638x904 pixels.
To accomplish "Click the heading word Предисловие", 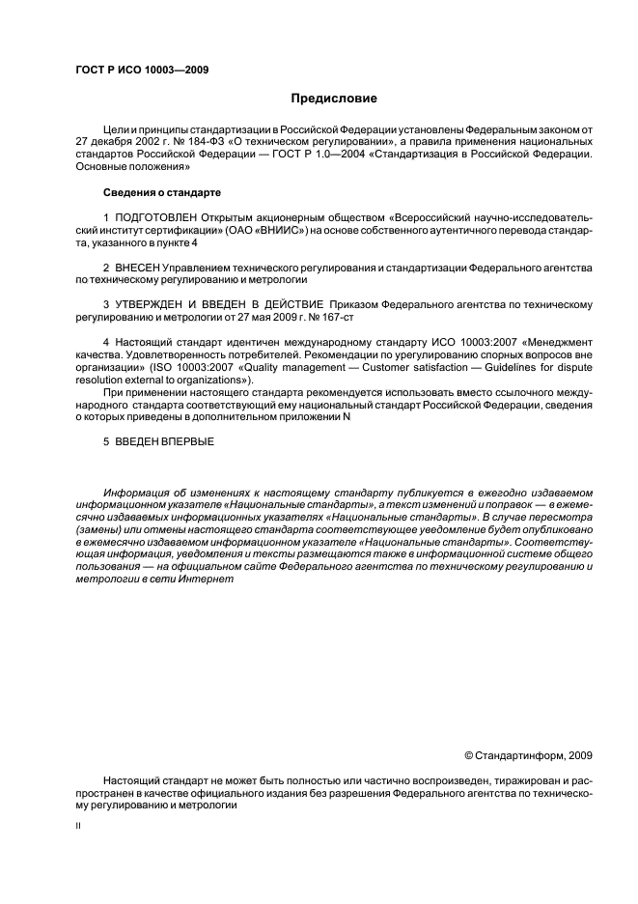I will tap(335, 98).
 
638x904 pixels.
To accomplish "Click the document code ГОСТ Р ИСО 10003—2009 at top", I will tap(142, 69).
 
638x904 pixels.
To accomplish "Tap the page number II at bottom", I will tap(78, 828).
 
